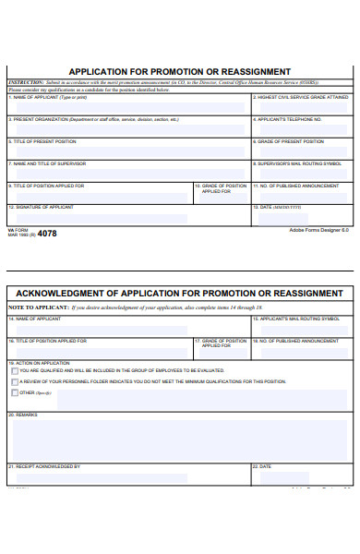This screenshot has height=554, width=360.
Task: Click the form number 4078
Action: pos(46,234)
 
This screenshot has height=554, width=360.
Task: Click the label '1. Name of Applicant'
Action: pos(35,97)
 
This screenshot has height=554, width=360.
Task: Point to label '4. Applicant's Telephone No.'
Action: pos(288,119)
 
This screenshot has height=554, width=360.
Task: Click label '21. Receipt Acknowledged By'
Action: pos(44,466)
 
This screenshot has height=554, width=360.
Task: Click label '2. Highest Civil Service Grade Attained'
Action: pos(302,97)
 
